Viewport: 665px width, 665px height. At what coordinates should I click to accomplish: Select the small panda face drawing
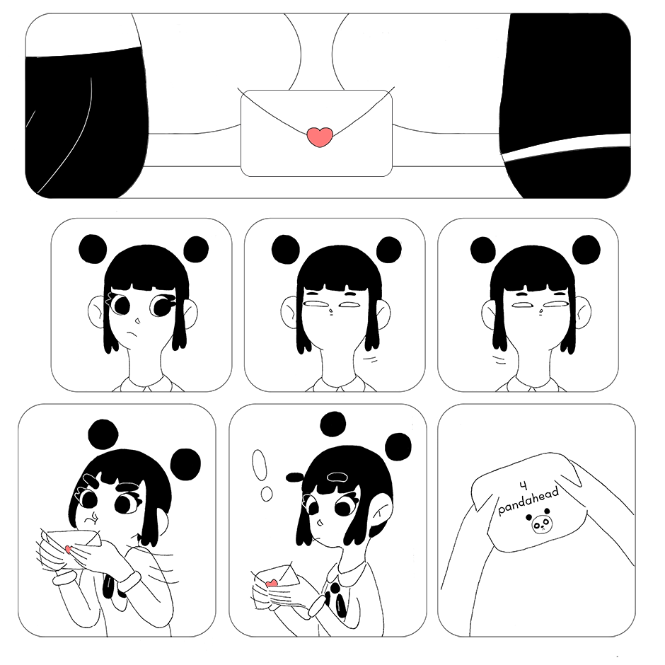pos(539,524)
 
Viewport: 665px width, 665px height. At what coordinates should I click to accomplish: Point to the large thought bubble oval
pos(259,464)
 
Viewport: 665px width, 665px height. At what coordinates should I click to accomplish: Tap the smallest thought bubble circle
pos(267,493)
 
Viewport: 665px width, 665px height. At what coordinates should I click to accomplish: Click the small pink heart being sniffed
pos(69,550)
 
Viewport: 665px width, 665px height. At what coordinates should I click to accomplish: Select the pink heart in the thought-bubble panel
pos(271,584)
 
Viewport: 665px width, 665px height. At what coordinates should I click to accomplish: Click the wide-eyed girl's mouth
pos(133,334)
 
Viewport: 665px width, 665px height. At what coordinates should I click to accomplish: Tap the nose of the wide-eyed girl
pos(137,319)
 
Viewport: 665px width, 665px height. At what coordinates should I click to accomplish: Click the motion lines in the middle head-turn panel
pos(371,360)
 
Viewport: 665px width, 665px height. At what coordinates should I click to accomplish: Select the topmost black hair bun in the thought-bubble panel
pos(333,423)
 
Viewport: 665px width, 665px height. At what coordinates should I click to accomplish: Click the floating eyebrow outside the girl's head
pos(295,478)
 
